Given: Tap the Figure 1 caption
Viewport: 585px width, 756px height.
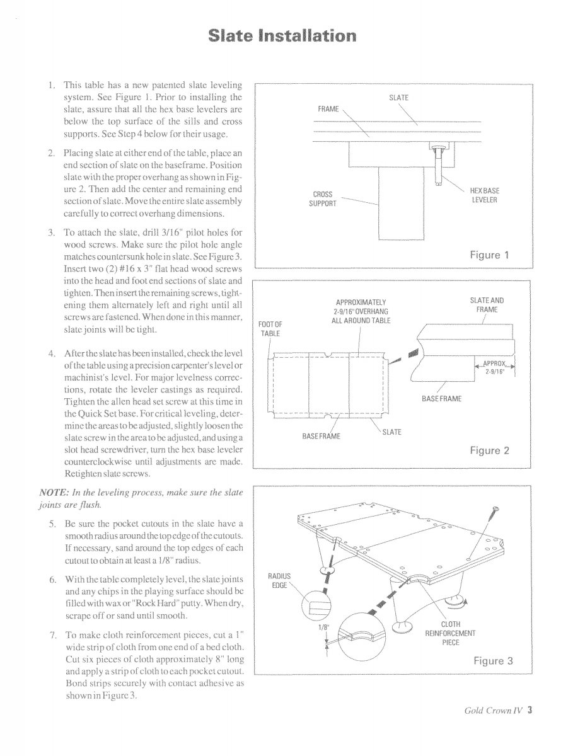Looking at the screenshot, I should click(489, 255).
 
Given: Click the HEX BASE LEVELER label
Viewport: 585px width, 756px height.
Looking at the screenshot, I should click(485, 195).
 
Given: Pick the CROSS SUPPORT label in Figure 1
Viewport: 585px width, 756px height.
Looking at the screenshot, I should click(322, 199).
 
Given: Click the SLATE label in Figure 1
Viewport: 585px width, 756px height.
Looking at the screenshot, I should click(398, 98).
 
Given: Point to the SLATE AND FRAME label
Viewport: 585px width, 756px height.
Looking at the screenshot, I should click(487, 305).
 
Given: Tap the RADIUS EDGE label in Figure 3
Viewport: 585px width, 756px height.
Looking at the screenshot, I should click(278, 580).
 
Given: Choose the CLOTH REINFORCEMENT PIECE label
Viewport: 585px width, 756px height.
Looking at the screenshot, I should click(450, 633).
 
